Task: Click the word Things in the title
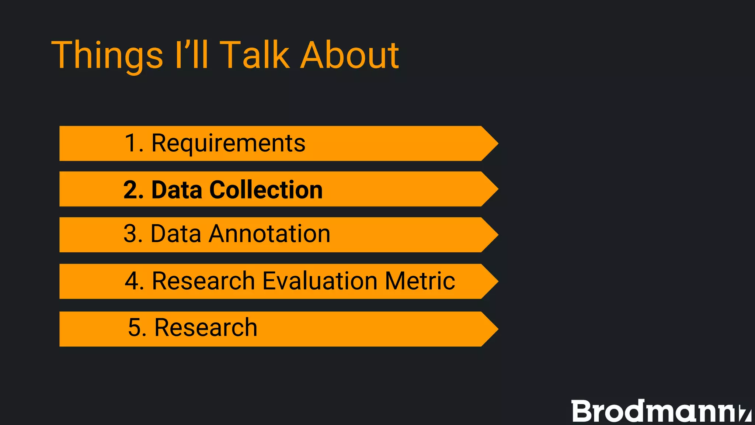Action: (x=107, y=55)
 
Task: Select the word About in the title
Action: (x=349, y=55)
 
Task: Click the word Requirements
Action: (x=228, y=143)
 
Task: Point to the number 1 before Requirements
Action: (x=131, y=143)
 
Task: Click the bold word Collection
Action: (x=266, y=190)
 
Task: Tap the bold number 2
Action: (x=131, y=190)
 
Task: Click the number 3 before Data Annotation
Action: (x=131, y=234)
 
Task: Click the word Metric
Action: (x=420, y=281)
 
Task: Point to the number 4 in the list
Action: (x=132, y=281)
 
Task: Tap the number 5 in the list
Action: (x=134, y=328)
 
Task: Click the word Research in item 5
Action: (x=205, y=328)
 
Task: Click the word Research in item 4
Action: (x=203, y=281)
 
